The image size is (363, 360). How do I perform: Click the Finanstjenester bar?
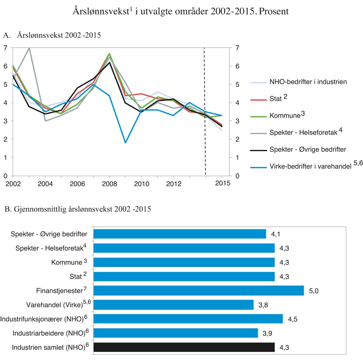click(199, 291)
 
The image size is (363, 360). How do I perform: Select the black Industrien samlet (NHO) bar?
click(184, 347)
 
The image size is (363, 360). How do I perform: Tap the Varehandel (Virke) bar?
click(174, 305)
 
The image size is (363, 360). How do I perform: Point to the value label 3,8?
click(263, 305)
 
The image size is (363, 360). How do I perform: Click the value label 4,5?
click(293, 319)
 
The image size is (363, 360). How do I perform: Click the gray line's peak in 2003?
click(29, 48)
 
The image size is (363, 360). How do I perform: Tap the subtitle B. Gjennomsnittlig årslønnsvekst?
click(77, 210)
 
